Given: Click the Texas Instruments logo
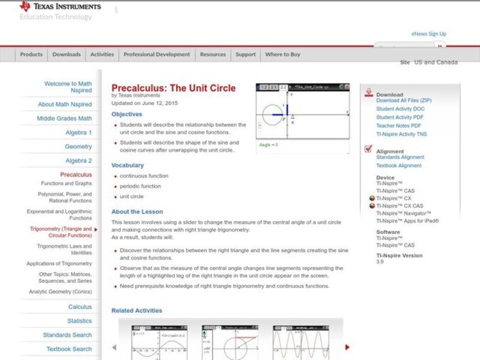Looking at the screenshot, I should click(60, 7).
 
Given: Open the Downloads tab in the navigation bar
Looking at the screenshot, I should click(66, 55).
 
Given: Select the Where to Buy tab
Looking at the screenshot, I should click(283, 55).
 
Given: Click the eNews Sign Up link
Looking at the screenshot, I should click(428, 34).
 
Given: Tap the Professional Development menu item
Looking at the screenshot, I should click(157, 55).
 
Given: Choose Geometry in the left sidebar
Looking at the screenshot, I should click(79, 147).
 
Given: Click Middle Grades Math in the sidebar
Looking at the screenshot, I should click(64, 119).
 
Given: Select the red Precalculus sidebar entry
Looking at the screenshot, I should click(76, 175).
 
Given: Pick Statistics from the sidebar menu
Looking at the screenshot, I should click(80, 321).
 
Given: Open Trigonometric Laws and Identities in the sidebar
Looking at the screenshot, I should click(64, 250).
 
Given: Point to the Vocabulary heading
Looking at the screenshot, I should click(128, 165).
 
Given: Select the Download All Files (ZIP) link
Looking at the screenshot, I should click(403, 101).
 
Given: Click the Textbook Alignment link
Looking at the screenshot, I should click(398, 166).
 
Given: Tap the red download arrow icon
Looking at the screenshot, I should click(368, 94).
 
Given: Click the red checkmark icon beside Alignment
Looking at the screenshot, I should click(368, 150).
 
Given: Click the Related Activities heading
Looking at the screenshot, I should click(137, 311).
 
